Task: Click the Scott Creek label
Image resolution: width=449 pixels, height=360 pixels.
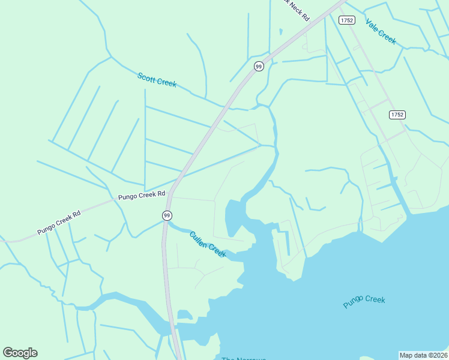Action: [157, 80]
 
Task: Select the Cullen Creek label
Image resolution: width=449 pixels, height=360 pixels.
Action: [208, 245]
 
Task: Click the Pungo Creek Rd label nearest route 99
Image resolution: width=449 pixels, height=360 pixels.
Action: [142, 196]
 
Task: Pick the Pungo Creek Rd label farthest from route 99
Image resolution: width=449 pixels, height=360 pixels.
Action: [59, 222]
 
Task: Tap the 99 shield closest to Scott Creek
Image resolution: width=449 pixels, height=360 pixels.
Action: [259, 67]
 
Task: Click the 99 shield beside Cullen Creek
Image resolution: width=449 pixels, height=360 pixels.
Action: [167, 215]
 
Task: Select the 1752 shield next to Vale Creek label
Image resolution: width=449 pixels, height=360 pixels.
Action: [346, 20]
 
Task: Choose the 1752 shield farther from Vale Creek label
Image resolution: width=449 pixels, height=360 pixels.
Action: [397, 115]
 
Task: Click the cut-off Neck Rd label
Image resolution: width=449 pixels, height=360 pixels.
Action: [297, 8]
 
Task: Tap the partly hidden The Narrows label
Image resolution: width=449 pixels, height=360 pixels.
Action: [243, 358]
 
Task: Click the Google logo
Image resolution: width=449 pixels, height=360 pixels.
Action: [20, 353]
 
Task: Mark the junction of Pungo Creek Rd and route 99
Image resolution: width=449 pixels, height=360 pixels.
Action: [170, 195]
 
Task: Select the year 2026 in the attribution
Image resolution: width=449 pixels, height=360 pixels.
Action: [439, 355]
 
